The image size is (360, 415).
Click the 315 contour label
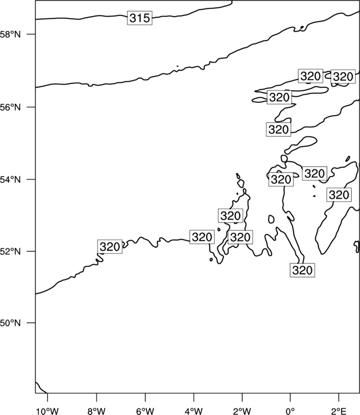(140, 18)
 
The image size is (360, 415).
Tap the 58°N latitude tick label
(10, 34)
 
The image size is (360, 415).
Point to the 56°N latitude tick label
(10, 107)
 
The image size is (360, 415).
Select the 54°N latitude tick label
(10, 179)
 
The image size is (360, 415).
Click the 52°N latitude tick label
(10, 251)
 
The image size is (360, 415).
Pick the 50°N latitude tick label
(10, 323)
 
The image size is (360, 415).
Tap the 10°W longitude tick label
(48, 411)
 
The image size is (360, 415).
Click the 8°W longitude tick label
(96, 411)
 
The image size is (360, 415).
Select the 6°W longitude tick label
(145, 411)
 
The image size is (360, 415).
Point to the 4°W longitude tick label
(194, 411)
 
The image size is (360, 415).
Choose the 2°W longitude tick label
(242, 411)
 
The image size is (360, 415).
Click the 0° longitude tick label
(290, 411)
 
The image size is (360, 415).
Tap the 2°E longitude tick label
(339, 411)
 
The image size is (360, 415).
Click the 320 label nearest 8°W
(110, 247)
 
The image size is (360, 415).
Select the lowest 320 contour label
(302, 270)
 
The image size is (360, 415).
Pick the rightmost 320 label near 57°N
(343, 76)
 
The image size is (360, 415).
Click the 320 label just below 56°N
(279, 129)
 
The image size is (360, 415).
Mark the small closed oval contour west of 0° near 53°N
(271, 219)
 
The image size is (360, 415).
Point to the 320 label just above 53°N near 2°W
(230, 216)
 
